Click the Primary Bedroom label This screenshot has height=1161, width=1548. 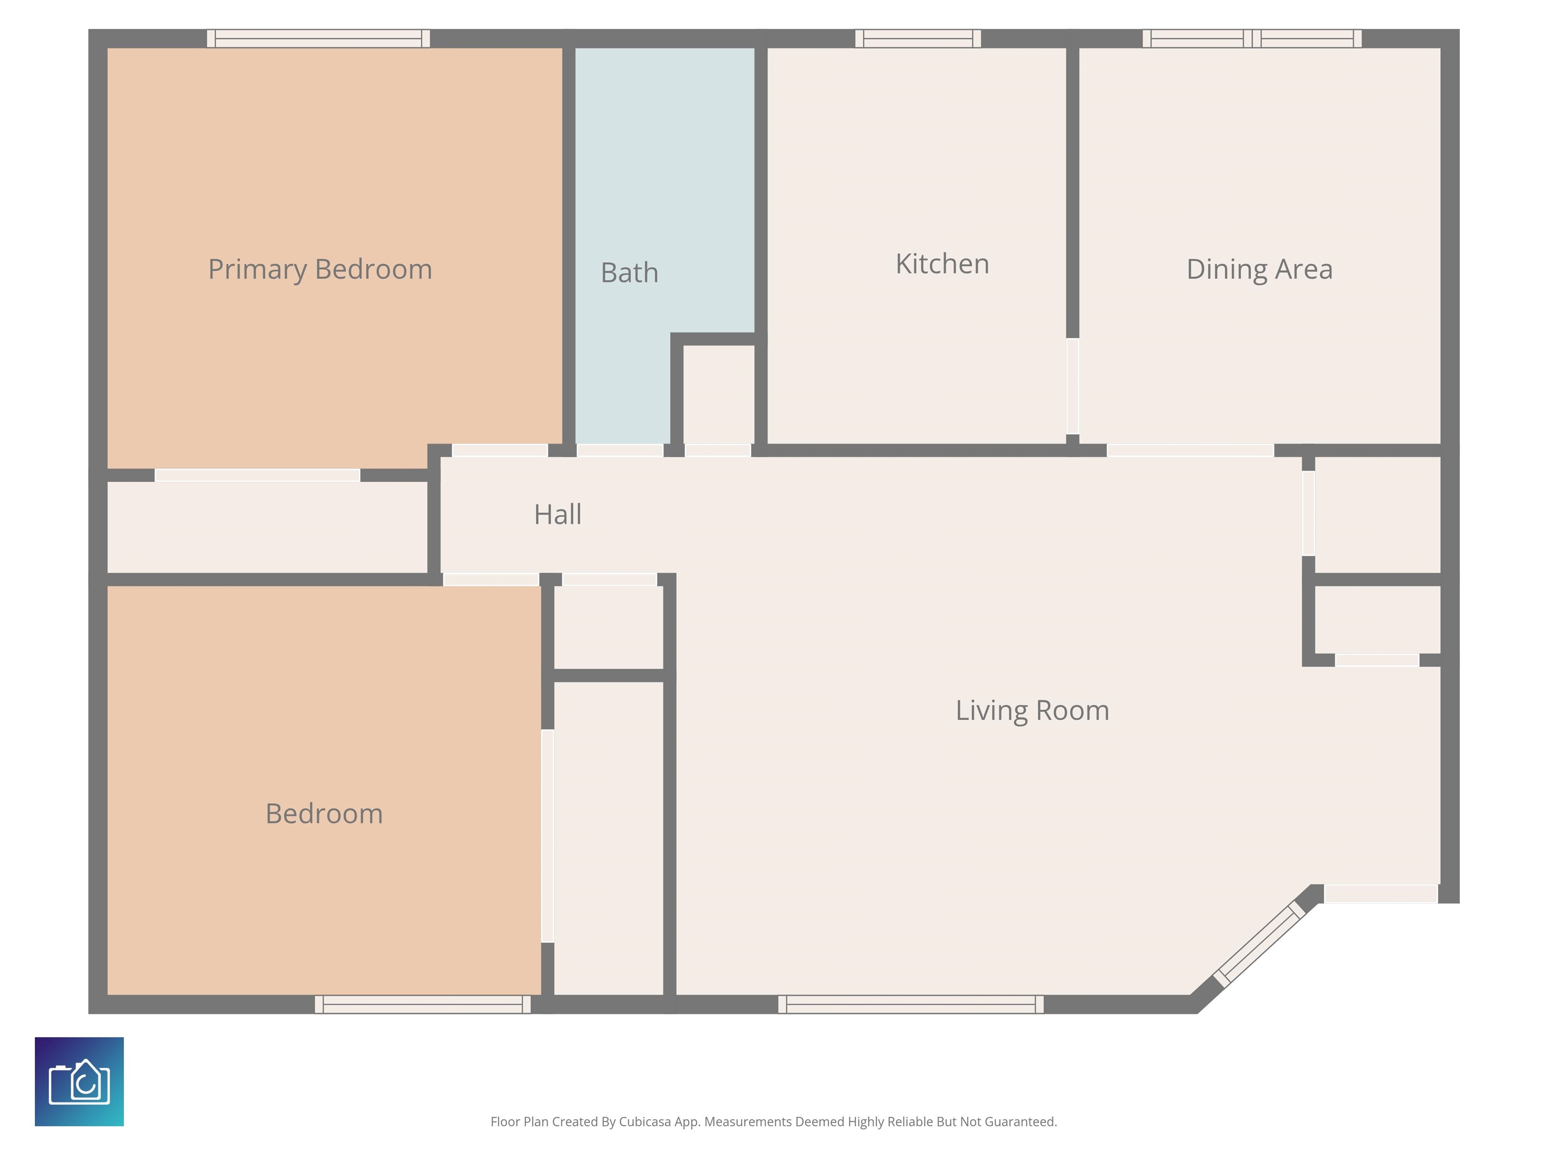pos(320,270)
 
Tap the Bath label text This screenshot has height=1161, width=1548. pos(629,272)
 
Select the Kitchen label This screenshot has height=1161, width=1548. pos(942,264)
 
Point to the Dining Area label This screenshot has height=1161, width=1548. pos(1259,270)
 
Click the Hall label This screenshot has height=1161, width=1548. pos(557,514)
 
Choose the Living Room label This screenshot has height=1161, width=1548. pos(1032,711)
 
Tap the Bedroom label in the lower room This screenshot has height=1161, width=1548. pos(324,813)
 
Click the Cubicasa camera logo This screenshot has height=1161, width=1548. pos(79,1081)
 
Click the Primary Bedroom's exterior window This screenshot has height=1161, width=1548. pos(318,38)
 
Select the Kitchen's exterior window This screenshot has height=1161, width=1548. pos(918,38)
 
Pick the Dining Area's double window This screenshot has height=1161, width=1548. pos(1252,38)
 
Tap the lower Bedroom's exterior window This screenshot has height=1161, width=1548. pos(423,1004)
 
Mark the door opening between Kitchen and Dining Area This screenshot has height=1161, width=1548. pos(1072,386)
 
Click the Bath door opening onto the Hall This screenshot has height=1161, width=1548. pos(619,450)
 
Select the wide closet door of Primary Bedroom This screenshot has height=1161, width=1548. pos(257,475)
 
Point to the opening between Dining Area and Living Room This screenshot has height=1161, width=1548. pos(1190,450)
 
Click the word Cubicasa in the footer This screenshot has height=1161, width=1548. pos(644,1122)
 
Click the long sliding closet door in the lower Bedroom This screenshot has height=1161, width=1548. pos(547,836)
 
